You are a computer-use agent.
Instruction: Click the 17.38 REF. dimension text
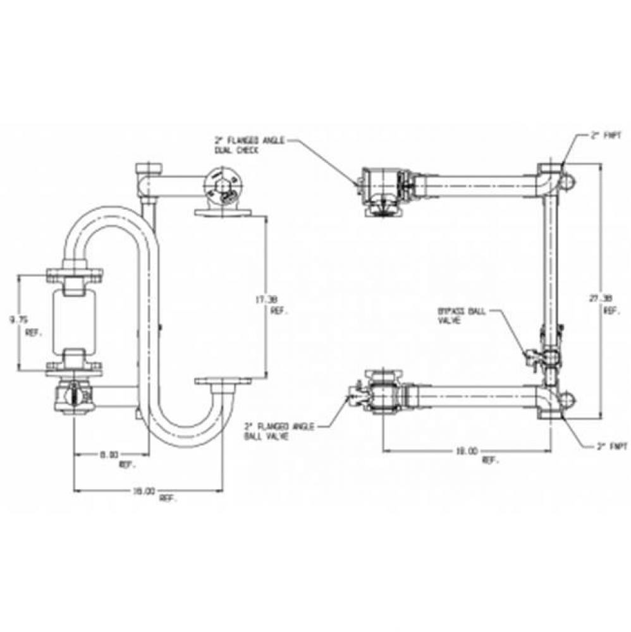pos(279,306)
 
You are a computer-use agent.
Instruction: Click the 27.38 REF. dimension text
pos(609,305)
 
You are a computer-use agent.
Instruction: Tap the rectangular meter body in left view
pos(75,320)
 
